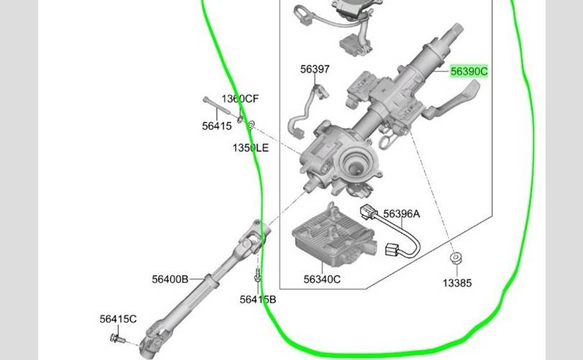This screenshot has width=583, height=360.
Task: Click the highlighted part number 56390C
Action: (469, 71)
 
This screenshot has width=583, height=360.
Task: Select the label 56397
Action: (315, 69)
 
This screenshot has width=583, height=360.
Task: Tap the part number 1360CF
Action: (240, 99)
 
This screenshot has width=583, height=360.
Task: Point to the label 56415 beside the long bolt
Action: (217, 126)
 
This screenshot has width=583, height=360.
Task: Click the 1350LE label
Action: (250, 148)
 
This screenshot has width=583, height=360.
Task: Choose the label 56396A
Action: (401, 214)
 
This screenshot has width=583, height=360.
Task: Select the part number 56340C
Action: (322, 279)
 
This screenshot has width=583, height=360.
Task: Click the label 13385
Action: (457, 283)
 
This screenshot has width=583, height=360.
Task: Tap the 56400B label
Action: (170, 279)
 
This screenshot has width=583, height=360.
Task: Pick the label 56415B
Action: (258, 300)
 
